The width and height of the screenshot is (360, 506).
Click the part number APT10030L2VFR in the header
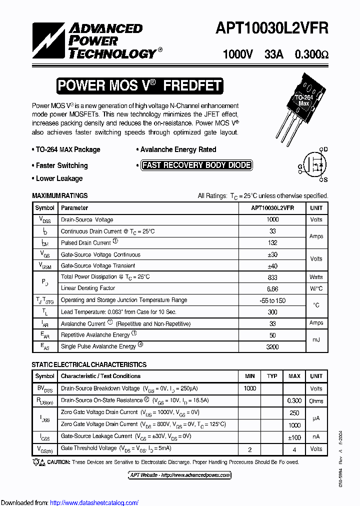(x=271, y=29)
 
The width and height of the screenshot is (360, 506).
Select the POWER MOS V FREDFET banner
(x=139, y=85)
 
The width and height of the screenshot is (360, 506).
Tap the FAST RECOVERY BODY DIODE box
(x=196, y=165)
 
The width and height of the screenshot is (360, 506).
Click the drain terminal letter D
(x=325, y=149)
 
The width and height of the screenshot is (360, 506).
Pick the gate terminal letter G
(x=300, y=166)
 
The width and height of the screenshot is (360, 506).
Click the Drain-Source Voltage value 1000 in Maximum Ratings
(x=272, y=219)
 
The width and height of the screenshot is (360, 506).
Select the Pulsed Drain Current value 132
(x=272, y=243)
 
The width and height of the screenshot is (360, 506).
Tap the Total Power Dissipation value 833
(x=272, y=277)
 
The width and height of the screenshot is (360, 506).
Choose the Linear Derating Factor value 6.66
(x=272, y=288)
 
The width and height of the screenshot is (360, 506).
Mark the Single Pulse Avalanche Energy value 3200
(x=272, y=346)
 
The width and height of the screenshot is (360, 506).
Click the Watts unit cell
(x=316, y=277)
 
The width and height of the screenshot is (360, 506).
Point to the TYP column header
(x=272, y=376)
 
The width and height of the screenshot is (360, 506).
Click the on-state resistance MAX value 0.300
(x=294, y=401)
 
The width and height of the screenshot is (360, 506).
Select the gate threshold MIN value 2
(x=249, y=449)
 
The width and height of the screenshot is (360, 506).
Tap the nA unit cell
(x=316, y=436)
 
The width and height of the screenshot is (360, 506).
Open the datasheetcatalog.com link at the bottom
(x=94, y=502)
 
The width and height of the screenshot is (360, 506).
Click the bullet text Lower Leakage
(x=59, y=178)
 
